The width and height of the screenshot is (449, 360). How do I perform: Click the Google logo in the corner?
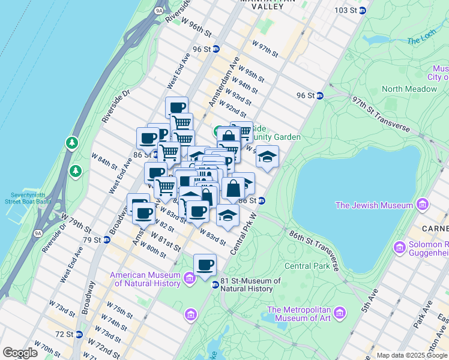[20, 353]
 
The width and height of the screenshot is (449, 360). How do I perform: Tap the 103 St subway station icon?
[363, 11]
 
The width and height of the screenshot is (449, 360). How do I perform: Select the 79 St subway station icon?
[107, 240]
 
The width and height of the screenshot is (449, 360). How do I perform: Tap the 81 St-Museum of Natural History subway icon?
[214, 284]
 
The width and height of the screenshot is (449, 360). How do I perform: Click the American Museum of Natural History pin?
[190, 278]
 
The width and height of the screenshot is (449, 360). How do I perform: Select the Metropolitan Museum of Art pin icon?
[340, 313]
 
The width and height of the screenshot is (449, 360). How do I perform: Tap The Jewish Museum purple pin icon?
[423, 205]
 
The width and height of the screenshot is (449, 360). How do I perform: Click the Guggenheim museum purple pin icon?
[399, 247]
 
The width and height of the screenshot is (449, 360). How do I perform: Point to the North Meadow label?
[409, 89]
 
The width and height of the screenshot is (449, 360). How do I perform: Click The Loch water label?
[418, 41]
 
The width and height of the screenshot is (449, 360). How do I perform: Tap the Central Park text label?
[306, 266]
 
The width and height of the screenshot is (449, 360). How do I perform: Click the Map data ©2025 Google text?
[411, 355]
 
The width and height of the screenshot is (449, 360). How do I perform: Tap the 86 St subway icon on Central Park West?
[262, 200]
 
